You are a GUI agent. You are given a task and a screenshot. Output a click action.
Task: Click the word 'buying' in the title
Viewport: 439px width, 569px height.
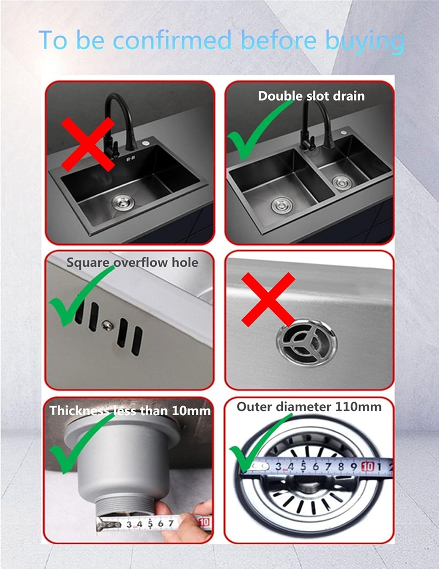[365, 41]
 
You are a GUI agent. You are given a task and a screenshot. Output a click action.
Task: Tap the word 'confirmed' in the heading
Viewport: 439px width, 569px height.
[173, 40]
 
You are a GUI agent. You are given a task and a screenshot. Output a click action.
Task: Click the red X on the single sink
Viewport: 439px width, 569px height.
[88, 144]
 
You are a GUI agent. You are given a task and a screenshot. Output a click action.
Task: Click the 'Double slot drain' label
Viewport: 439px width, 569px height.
[311, 96]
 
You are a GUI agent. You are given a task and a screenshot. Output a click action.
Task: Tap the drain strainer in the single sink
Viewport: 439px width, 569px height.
[122, 202]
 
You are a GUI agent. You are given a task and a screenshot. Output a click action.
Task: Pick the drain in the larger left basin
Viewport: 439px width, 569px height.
[281, 206]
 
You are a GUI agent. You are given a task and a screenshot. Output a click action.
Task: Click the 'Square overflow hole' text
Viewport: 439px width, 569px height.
[132, 262]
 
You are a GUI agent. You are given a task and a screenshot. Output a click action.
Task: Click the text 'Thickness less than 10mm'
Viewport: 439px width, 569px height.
[130, 411]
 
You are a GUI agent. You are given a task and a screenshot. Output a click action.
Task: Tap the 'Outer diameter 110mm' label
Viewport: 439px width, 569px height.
[309, 407]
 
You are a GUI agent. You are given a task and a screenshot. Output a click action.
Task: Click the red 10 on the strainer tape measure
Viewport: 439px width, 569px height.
[368, 466]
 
